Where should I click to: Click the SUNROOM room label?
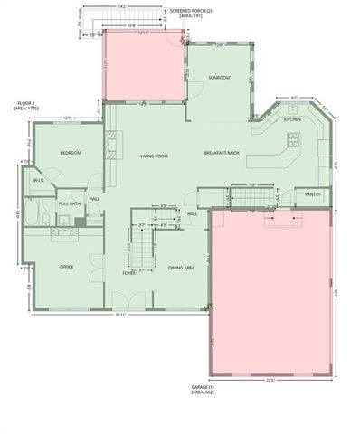tap(219, 78)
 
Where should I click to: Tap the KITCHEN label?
tap(292, 120)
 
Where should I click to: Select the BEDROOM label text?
tap(71, 154)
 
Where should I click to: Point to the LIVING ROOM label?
tap(154, 156)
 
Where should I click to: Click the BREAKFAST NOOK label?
tap(221, 154)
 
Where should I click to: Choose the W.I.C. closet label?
tap(40, 181)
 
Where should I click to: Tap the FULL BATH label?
tap(70, 204)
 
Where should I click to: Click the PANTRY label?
tap(312, 193)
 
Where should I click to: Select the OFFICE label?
tap(66, 267)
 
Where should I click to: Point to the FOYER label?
tap(129, 272)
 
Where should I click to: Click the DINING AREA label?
tap(183, 268)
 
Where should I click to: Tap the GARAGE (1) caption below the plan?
tap(204, 390)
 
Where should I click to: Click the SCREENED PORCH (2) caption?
tap(192, 14)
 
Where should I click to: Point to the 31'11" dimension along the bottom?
tap(120, 315)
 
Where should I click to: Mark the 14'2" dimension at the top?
tap(122, 7)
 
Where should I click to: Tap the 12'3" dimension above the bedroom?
tap(67, 118)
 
